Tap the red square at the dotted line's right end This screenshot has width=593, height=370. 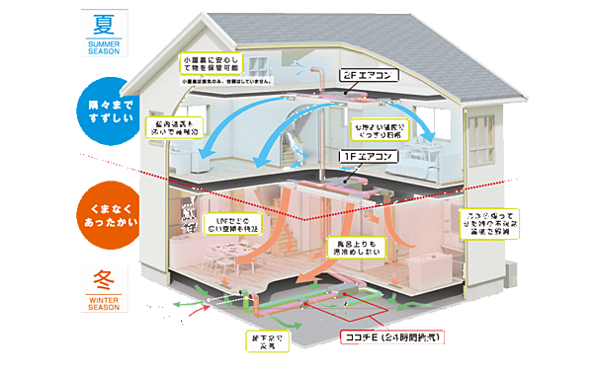click(x=514, y=179)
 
